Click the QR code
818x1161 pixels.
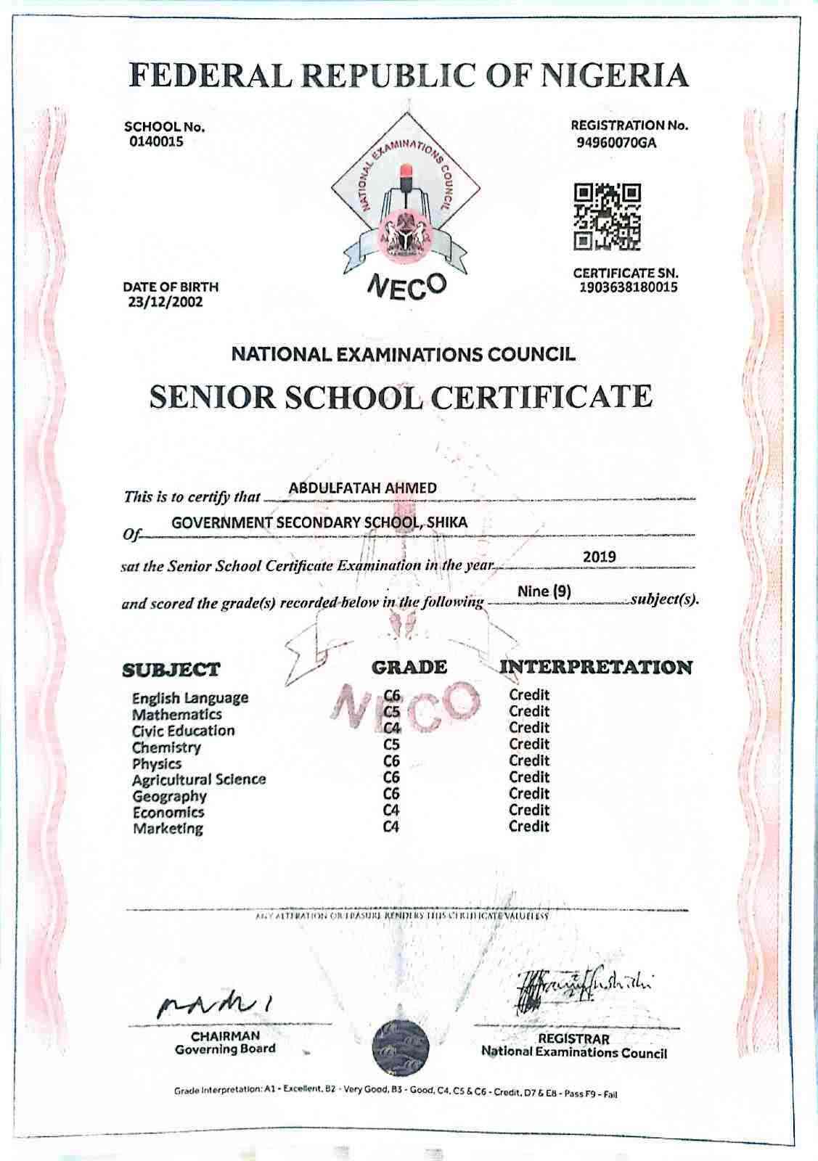(608, 216)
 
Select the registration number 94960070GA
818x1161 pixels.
(616, 142)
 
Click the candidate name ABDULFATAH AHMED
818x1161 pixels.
(362, 488)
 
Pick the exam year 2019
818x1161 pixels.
(600, 557)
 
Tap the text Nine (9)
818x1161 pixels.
(544, 591)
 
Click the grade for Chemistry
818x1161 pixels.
(392, 744)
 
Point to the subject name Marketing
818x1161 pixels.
(168, 828)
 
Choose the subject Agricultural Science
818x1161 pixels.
(199, 779)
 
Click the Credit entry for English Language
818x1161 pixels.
(529, 694)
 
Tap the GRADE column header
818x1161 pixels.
(409, 667)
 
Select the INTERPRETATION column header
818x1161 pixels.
(596, 667)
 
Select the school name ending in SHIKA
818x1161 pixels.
(319, 522)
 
